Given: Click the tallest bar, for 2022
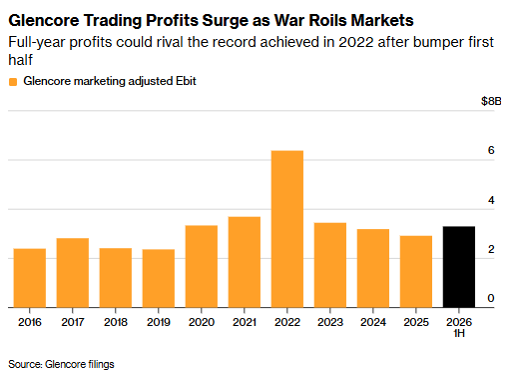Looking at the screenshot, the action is pos(287,229).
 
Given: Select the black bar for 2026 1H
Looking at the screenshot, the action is pos(459,267).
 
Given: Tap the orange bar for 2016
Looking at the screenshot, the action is pos(30,278).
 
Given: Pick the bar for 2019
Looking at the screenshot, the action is pos(159,278).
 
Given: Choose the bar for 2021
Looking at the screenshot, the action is pos(245,262).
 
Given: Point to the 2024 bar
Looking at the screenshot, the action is pos(373,268).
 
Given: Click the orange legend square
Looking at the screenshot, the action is pos(13,82).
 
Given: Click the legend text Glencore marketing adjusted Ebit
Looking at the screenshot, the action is pos(110,81).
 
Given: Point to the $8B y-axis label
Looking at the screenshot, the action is pos(491,101).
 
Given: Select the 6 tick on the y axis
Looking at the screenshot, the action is pos(491,150).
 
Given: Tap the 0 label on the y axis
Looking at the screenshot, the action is pos(491,298).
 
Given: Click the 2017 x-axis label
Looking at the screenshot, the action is pos(73,322).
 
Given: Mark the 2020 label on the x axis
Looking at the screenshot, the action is pos(202,322).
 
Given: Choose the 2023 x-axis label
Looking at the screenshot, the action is pos(330,322).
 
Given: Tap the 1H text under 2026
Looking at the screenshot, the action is pos(459,333).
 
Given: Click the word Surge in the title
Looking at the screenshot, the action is pos(225,21).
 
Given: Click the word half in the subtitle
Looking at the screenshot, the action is pos(20,60).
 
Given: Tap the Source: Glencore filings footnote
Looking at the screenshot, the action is pos(61,364).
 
